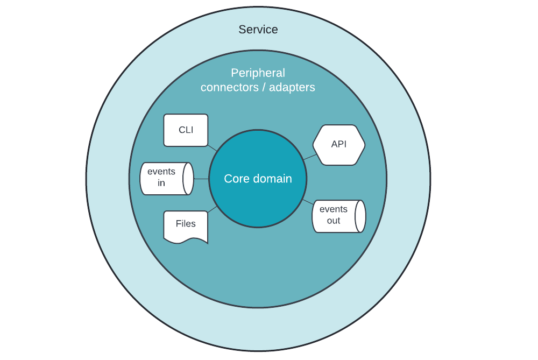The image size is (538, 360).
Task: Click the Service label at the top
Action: (x=258, y=30)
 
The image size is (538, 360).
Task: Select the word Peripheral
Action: (x=258, y=73)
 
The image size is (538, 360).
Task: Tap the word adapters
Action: (x=292, y=87)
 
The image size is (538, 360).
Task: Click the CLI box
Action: (x=186, y=130)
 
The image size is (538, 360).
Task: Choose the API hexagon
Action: (x=339, y=145)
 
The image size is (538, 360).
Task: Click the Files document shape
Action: (x=186, y=225)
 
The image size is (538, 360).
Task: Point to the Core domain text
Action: (x=258, y=179)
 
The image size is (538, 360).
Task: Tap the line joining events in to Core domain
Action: (x=201, y=179)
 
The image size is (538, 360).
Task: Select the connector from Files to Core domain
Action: (x=213, y=209)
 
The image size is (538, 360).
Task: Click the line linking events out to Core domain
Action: (x=307, y=202)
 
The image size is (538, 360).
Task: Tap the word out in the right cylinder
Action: (x=334, y=221)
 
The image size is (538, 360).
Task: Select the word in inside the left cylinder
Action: (x=161, y=183)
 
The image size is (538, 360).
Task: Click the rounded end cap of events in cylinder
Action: (x=188, y=179)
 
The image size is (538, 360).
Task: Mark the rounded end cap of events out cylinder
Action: (x=360, y=216)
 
